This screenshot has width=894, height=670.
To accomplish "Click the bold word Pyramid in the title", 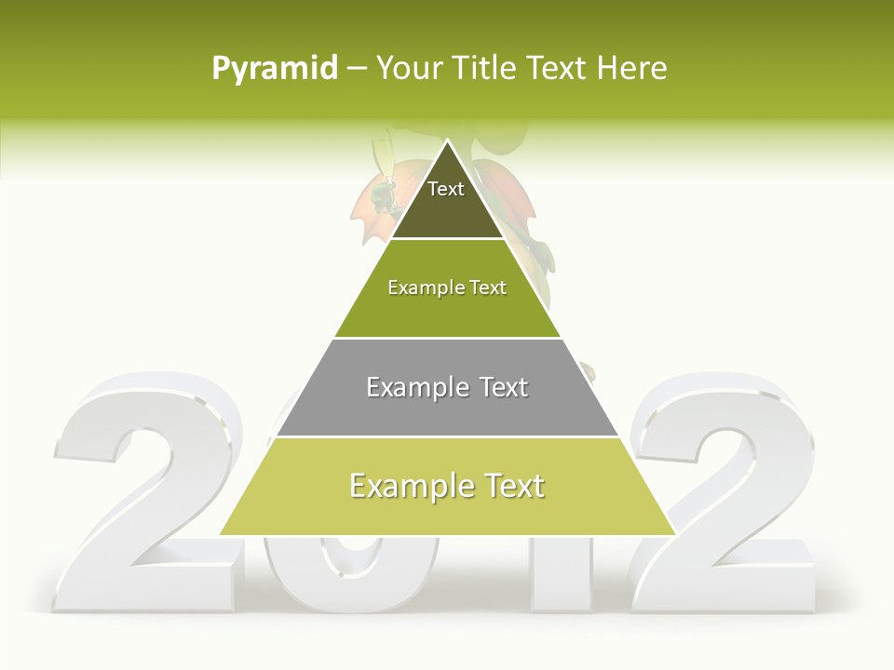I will (x=274, y=69).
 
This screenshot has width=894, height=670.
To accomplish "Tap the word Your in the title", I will (x=408, y=68).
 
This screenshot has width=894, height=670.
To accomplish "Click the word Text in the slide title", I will (x=559, y=68).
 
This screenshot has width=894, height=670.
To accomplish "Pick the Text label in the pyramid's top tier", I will (x=446, y=189).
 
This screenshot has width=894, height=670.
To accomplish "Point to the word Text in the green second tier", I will (x=489, y=288).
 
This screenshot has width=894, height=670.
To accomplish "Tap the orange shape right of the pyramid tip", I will (x=503, y=195).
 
